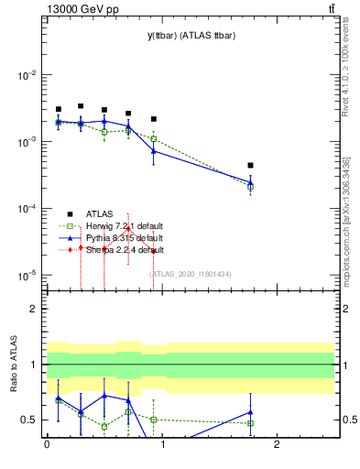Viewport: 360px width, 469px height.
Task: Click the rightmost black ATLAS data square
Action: [250, 166]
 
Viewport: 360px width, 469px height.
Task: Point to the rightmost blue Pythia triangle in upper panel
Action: [250, 181]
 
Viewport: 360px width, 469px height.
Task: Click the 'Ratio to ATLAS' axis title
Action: [13, 366]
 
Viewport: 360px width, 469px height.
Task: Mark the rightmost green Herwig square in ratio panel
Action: [250, 423]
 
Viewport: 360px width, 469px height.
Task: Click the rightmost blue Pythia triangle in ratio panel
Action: [250, 412]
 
